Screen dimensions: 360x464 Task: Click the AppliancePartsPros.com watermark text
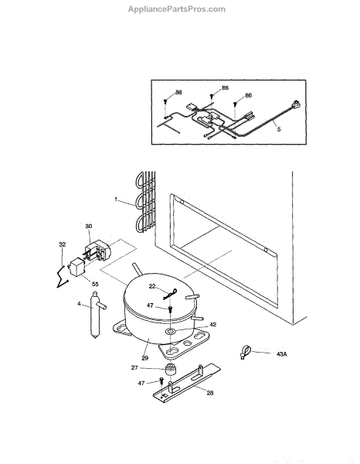pyautogui.click(x=177, y=9)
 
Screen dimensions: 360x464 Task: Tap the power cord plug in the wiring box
pyautogui.click(x=296, y=104)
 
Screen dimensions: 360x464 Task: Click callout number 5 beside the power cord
pyautogui.click(x=278, y=129)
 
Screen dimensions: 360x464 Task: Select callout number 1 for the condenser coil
pyautogui.click(x=116, y=200)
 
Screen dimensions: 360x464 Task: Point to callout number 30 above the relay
pyautogui.click(x=89, y=226)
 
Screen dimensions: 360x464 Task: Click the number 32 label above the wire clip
pyautogui.click(x=63, y=244)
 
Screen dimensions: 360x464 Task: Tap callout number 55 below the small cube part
pyautogui.click(x=95, y=284)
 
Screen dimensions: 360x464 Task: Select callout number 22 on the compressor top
pyautogui.click(x=152, y=286)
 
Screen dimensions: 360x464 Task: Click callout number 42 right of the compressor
pyautogui.click(x=212, y=324)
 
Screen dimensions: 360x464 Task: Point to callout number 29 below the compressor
pyautogui.click(x=144, y=358)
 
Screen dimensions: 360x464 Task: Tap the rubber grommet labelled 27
pyautogui.click(x=170, y=370)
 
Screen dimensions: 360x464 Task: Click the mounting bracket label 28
pyautogui.click(x=210, y=393)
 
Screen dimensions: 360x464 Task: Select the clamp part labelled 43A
pyautogui.click(x=245, y=351)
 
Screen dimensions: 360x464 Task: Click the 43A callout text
pyautogui.click(x=282, y=354)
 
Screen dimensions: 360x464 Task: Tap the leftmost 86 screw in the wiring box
pyautogui.click(x=165, y=101)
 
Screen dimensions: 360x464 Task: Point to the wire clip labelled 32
pyautogui.click(x=63, y=277)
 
